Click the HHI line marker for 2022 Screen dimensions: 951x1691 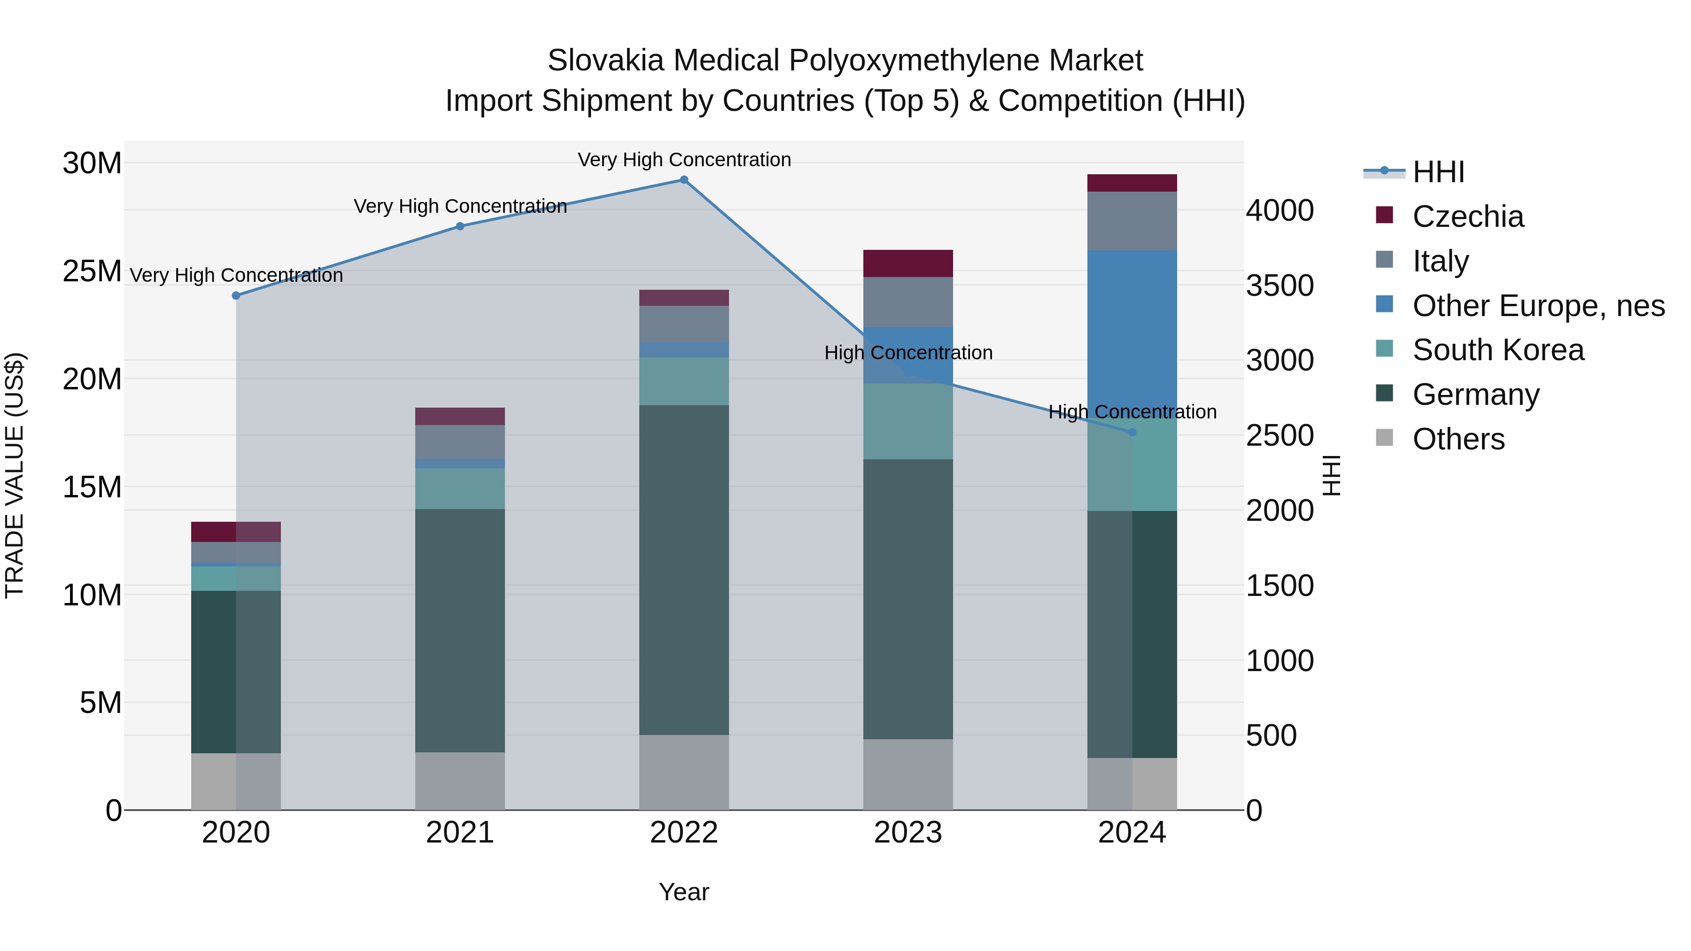click(683, 180)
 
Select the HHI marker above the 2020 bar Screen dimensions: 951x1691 click(236, 296)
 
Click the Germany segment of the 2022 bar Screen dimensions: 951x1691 click(683, 570)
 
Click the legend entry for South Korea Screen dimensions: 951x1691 click(1497, 350)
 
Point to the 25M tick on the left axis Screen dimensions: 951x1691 click(92, 271)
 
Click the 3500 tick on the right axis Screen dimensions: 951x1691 click(1280, 286)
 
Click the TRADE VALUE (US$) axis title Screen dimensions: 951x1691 click(15, 475)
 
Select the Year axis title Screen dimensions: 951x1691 click(683, 892)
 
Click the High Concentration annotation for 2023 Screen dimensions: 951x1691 click(908, 353)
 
